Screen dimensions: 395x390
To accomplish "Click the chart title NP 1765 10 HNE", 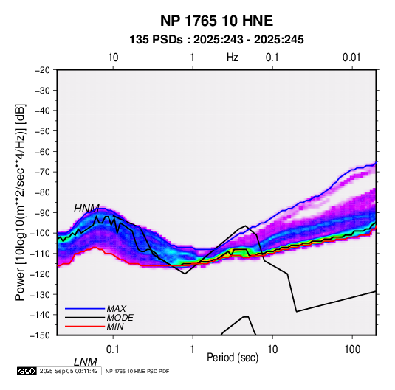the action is point(216,21).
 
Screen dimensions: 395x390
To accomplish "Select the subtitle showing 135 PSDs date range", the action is point(216,40).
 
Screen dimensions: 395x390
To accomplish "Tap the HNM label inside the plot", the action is point(86,209).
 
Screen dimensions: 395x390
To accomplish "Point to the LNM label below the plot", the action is point(85,362).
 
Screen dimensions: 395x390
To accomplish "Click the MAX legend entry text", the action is point(117,308).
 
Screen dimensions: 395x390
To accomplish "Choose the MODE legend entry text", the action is point(120,318).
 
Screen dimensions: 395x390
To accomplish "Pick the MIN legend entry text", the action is point(115,327).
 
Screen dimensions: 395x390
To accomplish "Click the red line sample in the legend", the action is point(85,327).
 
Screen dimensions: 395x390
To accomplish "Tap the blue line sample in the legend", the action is point(85,308).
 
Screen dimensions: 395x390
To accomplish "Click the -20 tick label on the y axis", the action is point(42,70).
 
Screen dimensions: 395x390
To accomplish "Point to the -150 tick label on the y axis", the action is point(40,335).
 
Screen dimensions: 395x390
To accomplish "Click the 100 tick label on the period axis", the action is point(352,349).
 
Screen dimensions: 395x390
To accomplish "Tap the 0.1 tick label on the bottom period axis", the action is point(113,349).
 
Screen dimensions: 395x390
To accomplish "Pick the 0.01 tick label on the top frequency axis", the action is point(351,58).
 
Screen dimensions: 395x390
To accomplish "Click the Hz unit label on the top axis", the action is point(233,58).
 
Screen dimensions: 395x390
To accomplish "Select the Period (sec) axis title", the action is point(233,358).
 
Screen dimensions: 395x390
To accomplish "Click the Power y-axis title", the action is point(20,202).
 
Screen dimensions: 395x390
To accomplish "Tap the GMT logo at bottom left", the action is point(27,371).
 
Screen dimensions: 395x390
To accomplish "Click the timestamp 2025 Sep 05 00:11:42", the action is point(69,371).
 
